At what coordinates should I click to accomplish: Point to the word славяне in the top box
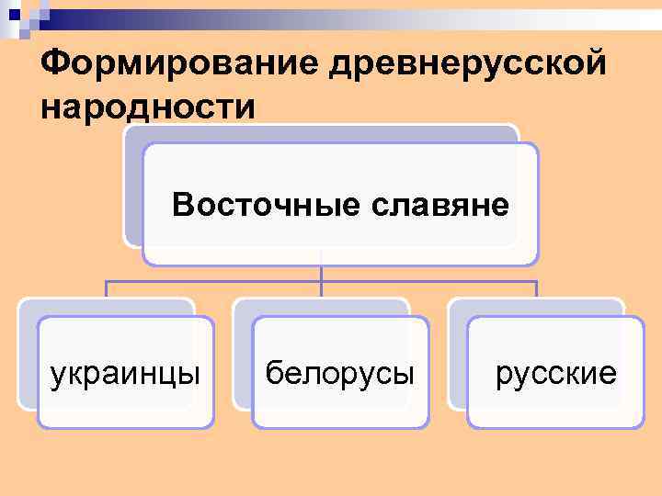click(x=440, y=203)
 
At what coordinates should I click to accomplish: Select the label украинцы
click(x=125, y=373)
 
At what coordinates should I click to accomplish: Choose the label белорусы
click(x=339, y=373)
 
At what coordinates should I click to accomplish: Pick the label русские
click(x=555, y=373)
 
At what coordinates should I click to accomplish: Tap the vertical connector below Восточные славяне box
click(x=321, y=273)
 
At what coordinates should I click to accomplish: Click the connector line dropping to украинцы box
click(x=106, y=288)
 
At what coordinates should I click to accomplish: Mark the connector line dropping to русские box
click(x=536, y=288)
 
